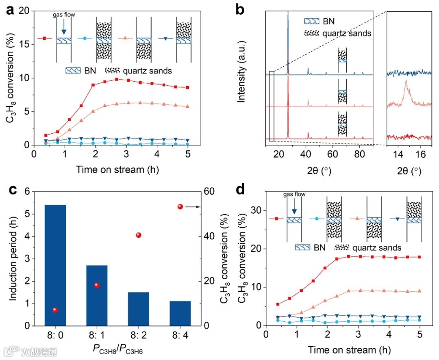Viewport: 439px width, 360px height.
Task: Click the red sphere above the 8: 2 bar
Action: point(139,235)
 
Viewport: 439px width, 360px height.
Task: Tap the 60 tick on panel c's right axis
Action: point(207,191)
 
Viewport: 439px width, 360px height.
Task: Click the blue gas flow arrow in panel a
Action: point(63,28)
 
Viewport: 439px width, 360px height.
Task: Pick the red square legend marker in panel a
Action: point(44,38)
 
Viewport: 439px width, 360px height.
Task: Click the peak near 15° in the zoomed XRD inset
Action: point(406,83)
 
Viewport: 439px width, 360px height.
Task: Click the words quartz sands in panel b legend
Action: point(347,33)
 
